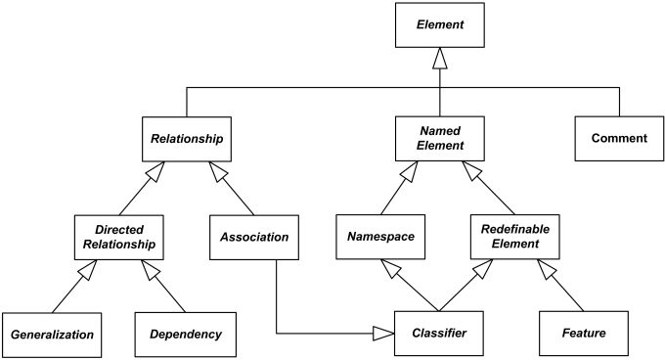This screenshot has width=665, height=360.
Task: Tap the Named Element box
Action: pos(439,139)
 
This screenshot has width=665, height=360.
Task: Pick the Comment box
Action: pos(618,139)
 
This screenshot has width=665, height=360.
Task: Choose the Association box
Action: pos(253,237)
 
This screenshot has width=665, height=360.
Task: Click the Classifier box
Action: pos(439,334)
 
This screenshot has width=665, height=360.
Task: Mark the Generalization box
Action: pos(52,334)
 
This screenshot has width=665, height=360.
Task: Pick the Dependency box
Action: pos(186,334)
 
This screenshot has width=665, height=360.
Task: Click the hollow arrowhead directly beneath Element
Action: pos(439,61)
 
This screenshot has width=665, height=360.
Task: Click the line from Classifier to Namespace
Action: pos(411,288)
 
